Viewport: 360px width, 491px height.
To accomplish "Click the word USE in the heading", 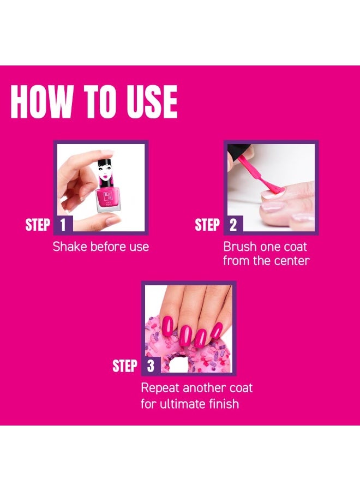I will point(152,101).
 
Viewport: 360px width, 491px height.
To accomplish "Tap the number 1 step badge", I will point(63,225).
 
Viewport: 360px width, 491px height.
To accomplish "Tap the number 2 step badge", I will point(233,225).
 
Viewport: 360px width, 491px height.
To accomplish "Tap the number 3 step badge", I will point(151,366).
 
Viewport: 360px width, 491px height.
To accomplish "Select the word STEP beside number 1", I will point(38,225).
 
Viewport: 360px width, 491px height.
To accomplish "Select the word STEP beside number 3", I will point(125,366).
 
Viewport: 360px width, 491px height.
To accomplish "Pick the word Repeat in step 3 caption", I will point(161,389).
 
